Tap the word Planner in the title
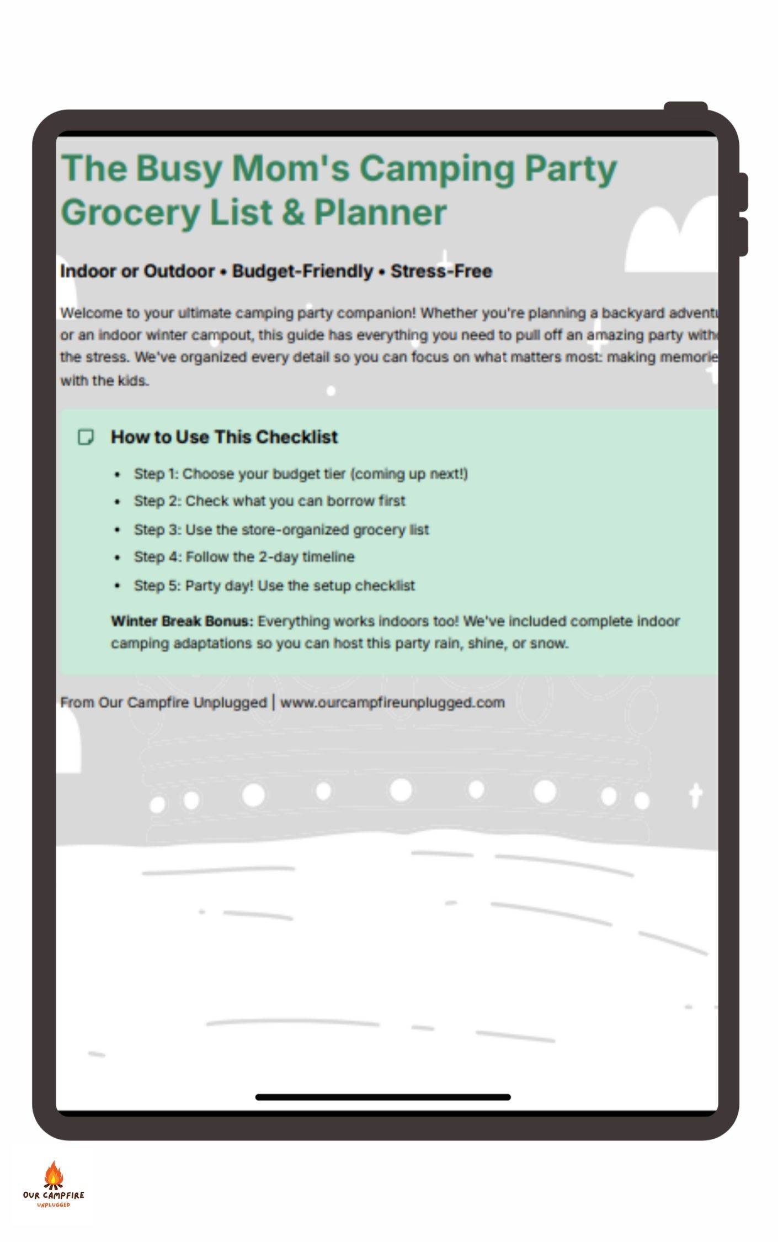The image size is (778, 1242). [380, 213]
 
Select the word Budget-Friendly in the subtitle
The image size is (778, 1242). [302, 272]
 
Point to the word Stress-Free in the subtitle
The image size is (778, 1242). [441, 272]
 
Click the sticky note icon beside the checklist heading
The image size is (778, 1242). [86, 437]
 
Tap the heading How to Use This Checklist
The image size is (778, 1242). [224, 437]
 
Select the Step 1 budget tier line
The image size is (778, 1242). [301, 474]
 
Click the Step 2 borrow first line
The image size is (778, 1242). [269, 501]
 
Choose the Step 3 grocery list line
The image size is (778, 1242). [281, 530]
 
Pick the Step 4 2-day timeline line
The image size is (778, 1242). [244, 557]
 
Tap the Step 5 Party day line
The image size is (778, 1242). [274, 586]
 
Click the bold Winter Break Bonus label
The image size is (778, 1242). [182, 622]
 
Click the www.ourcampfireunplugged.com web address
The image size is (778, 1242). [392, 703]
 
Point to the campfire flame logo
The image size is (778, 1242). [54, 1175]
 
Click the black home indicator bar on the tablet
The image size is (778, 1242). [382, 1097]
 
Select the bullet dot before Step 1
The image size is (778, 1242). [117, 475]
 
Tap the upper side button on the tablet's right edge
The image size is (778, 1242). [744, 192]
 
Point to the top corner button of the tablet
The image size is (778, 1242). [685, 107]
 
